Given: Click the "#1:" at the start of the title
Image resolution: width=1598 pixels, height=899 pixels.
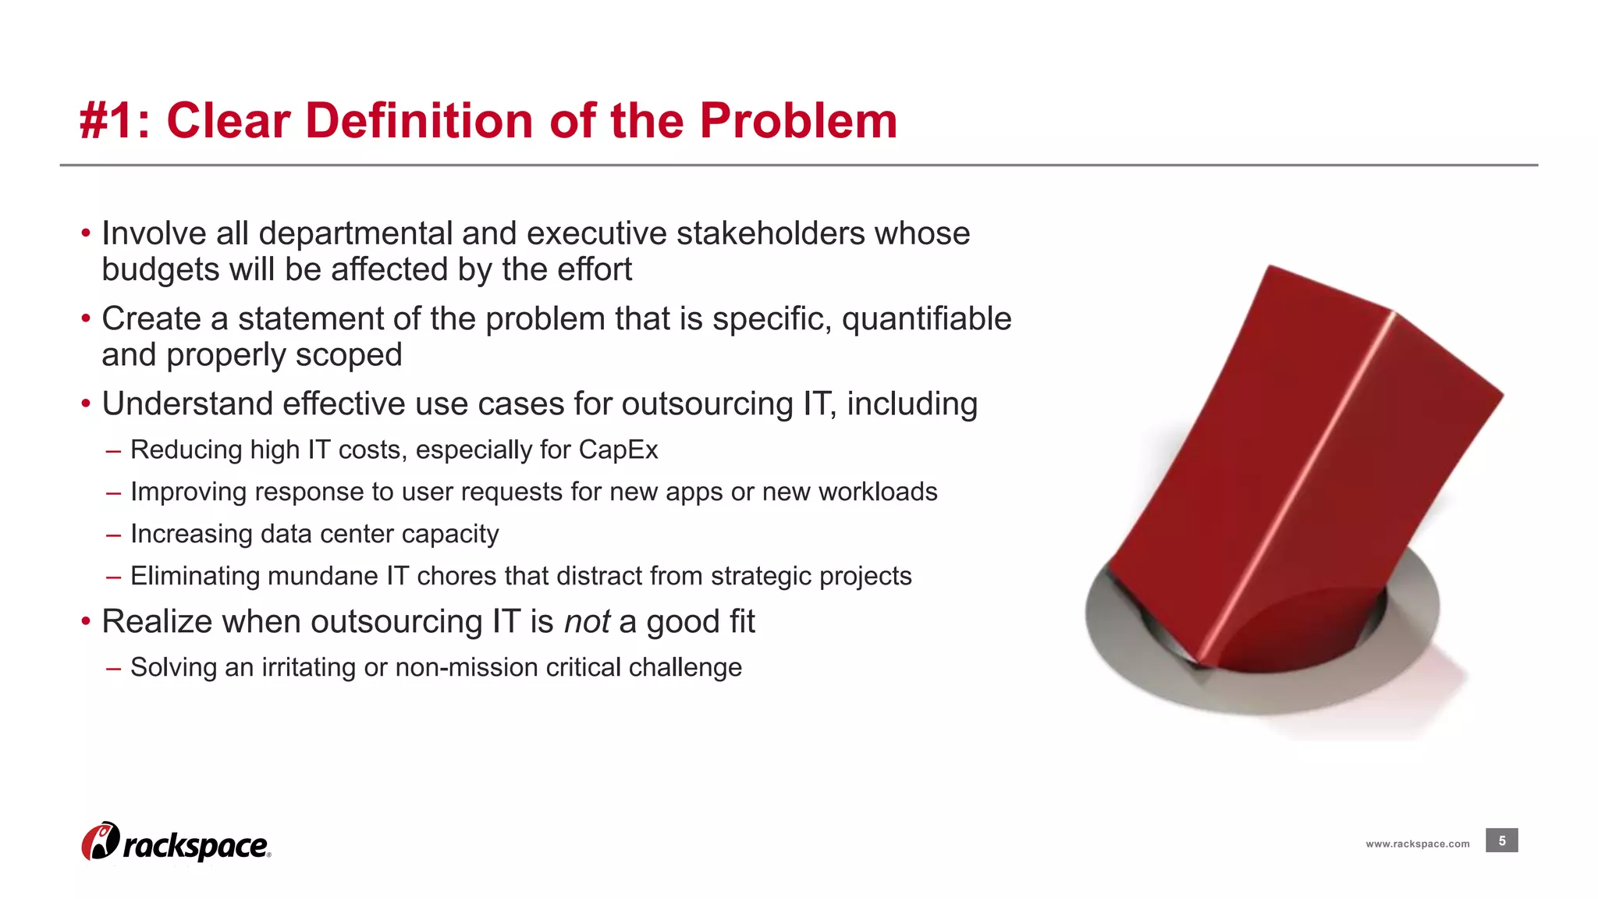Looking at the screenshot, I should click(114, 122).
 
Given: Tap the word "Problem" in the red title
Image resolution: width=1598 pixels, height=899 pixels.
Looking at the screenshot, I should click(797, 122).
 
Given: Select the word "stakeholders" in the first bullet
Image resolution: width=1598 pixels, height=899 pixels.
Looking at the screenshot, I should click(769, 233).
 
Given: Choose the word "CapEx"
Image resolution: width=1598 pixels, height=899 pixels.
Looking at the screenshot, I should click(618, 450).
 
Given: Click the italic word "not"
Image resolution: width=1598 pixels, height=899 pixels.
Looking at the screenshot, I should click(586, 622).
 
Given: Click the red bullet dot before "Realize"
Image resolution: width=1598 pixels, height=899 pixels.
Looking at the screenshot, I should click(86, 623).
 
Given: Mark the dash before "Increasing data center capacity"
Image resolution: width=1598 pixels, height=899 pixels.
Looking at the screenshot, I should click(114, 535).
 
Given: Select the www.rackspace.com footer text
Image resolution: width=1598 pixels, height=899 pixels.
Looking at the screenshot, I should click(1417, 844).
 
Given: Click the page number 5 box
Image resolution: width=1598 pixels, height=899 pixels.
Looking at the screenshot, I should click(1501, 840).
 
